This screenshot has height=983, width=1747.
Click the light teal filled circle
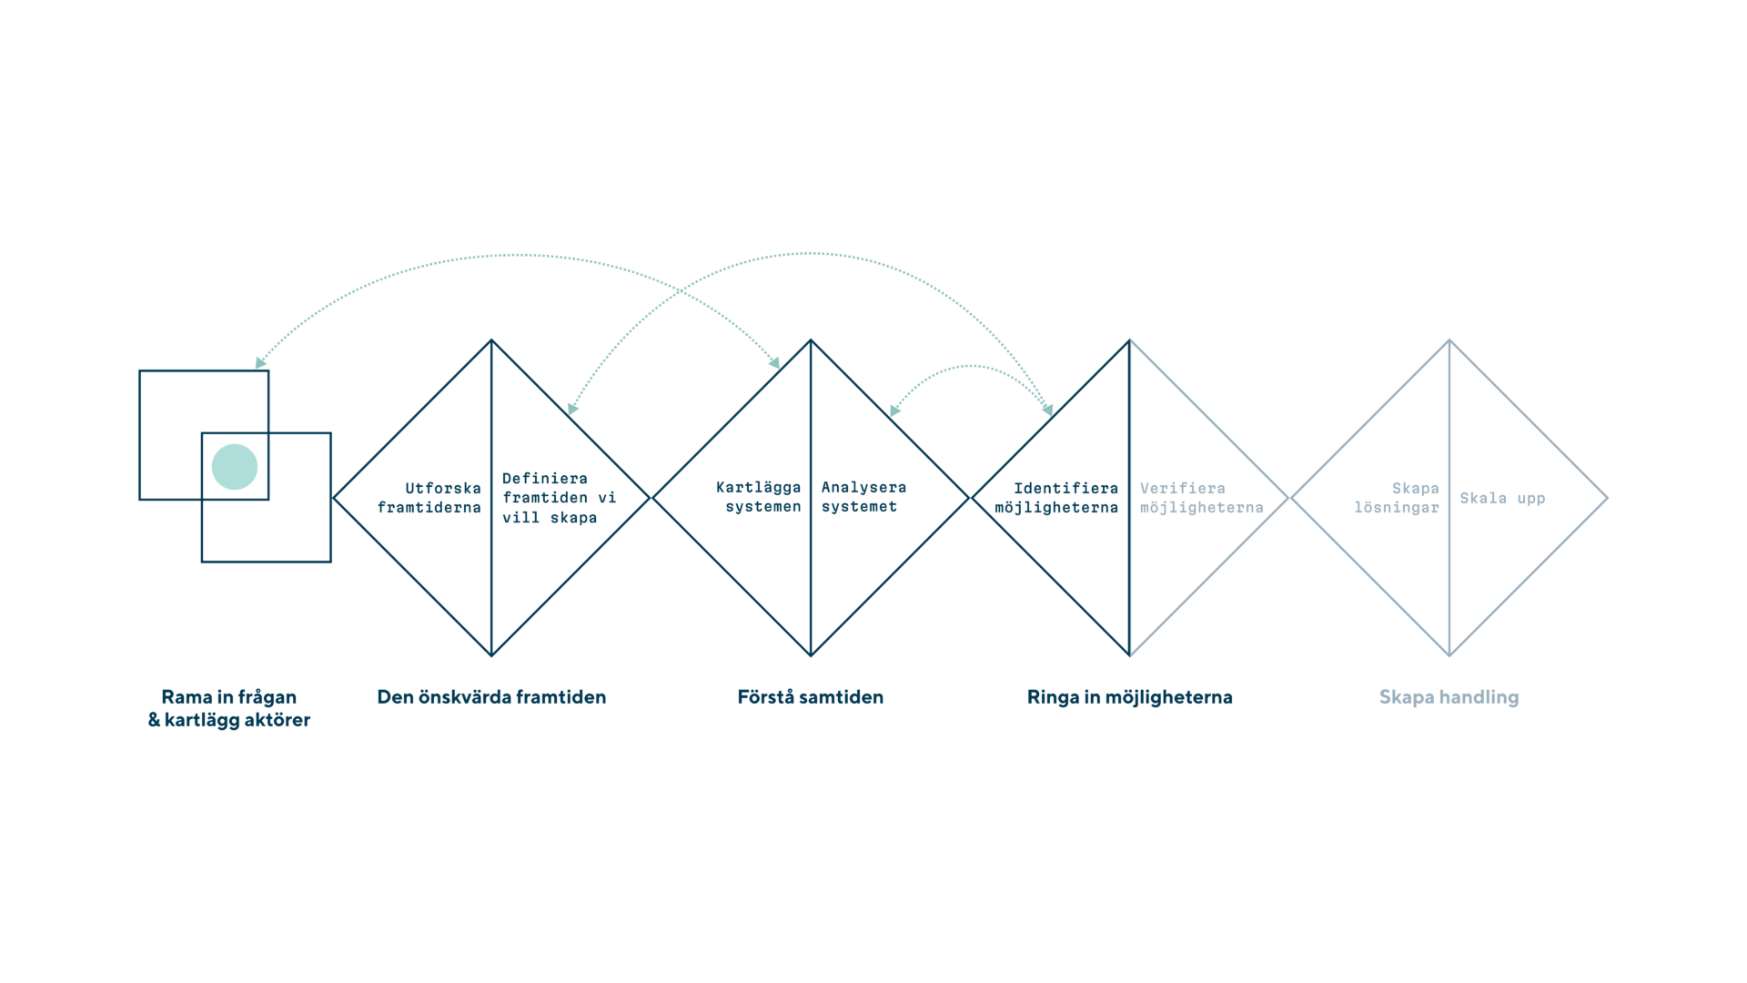coord(235,467)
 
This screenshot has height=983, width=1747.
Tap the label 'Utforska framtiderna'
coord(429,498)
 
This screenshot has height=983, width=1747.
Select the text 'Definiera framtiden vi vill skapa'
coord(559,498)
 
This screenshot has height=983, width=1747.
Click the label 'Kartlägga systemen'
coord(759,498)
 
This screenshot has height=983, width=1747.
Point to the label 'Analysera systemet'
coord(863,498)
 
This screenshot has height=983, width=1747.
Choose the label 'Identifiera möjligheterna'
coord(1056,498)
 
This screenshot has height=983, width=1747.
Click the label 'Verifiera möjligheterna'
coord(1201,498)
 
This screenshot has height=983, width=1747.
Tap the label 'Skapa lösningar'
coord(1398,498)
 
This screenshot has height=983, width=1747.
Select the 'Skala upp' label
coord(1502,499)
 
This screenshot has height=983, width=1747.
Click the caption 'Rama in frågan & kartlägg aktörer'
coord(229,708)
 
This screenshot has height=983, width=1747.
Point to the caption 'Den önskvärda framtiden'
coord(491,697)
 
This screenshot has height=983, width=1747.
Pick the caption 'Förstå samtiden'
coord(810,697)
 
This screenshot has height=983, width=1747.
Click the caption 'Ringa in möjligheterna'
coord(1129,697)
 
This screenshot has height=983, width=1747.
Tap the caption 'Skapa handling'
coord(1449,697)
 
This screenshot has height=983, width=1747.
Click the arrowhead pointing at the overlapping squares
coord(259,362)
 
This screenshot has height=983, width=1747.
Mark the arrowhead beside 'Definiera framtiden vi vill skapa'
coord(571,409)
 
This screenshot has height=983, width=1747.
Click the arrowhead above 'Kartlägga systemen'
coord(775,362)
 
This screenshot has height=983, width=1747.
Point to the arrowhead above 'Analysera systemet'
coord(894,410)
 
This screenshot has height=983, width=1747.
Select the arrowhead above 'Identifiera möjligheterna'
coord(1049,410)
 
